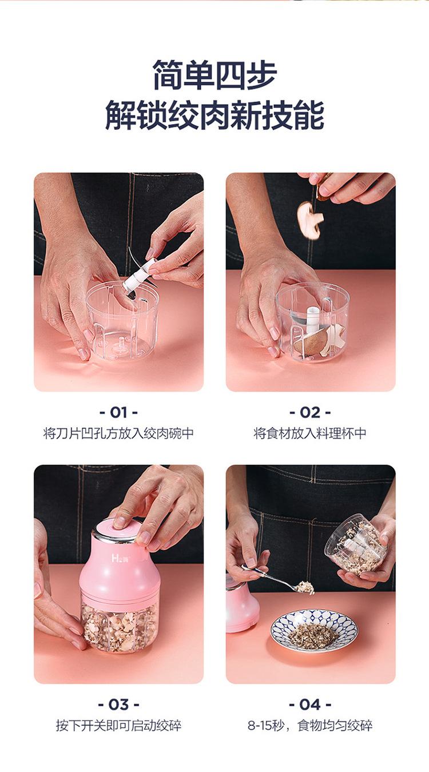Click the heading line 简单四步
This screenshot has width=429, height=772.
214,75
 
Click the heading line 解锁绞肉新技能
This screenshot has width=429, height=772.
214,115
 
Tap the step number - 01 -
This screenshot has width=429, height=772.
118,412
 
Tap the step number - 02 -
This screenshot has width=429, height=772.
310,412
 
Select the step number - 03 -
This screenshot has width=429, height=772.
118,704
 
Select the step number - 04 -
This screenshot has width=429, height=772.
310,704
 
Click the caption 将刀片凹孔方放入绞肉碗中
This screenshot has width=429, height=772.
118,433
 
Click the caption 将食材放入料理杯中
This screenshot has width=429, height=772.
310,433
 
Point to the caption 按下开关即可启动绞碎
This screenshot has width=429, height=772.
118,726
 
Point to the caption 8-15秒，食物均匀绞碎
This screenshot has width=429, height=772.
310,726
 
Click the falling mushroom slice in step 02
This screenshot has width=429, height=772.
309,220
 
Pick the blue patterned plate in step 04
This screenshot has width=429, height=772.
313,630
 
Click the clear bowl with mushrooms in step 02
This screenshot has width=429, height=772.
312,323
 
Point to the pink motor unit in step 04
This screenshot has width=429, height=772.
241,606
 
